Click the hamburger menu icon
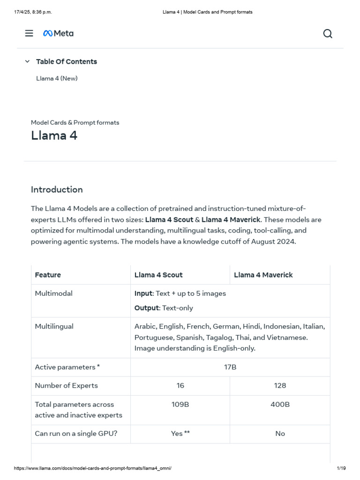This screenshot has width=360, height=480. pyautogui.click(x=29, y=33)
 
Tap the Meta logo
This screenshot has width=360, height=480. pyautogui.click(x=58, y=33)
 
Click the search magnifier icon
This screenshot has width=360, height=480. pyautogui.click(x=328, y=33)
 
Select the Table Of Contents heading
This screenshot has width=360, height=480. pyautogui.click(x=66, y=61)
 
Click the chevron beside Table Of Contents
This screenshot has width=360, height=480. pyautogui.click(x=27, y=61)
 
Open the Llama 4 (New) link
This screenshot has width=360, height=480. pyautogui.click(x=57, y=78)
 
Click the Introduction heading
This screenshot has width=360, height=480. pyautogui.click(x=57, y=189)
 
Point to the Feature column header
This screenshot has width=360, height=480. pyautogui.click(x=48, y=275)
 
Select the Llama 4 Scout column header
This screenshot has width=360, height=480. pyautogui.click(x=158, y=275)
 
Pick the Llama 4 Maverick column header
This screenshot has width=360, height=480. pyautogui.click(x=263, y=275)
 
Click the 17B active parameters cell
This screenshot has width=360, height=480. pyautogui.click(x=230, y=367)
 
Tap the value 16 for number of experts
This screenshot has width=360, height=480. pyautogui.click(x=180, y=385)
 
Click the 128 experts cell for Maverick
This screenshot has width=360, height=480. pyautogui.click(x=280, y=385)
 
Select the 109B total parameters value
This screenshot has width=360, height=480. pyautogui.click(x=180, y=404)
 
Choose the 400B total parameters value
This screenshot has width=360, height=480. pyautogui.click(x=280, y=404)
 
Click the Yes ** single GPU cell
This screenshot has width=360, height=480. pyautogui.click(x=180, y=434)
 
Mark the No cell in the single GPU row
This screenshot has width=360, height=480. pyautogui.click(x=280, y=434)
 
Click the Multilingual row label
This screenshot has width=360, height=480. pyautogui.click(x=54, y=326)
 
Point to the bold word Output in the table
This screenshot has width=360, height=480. pyautogui.click(x=147, y=308)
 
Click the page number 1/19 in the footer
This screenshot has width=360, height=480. pyautogui.click(x=341, y=468)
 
